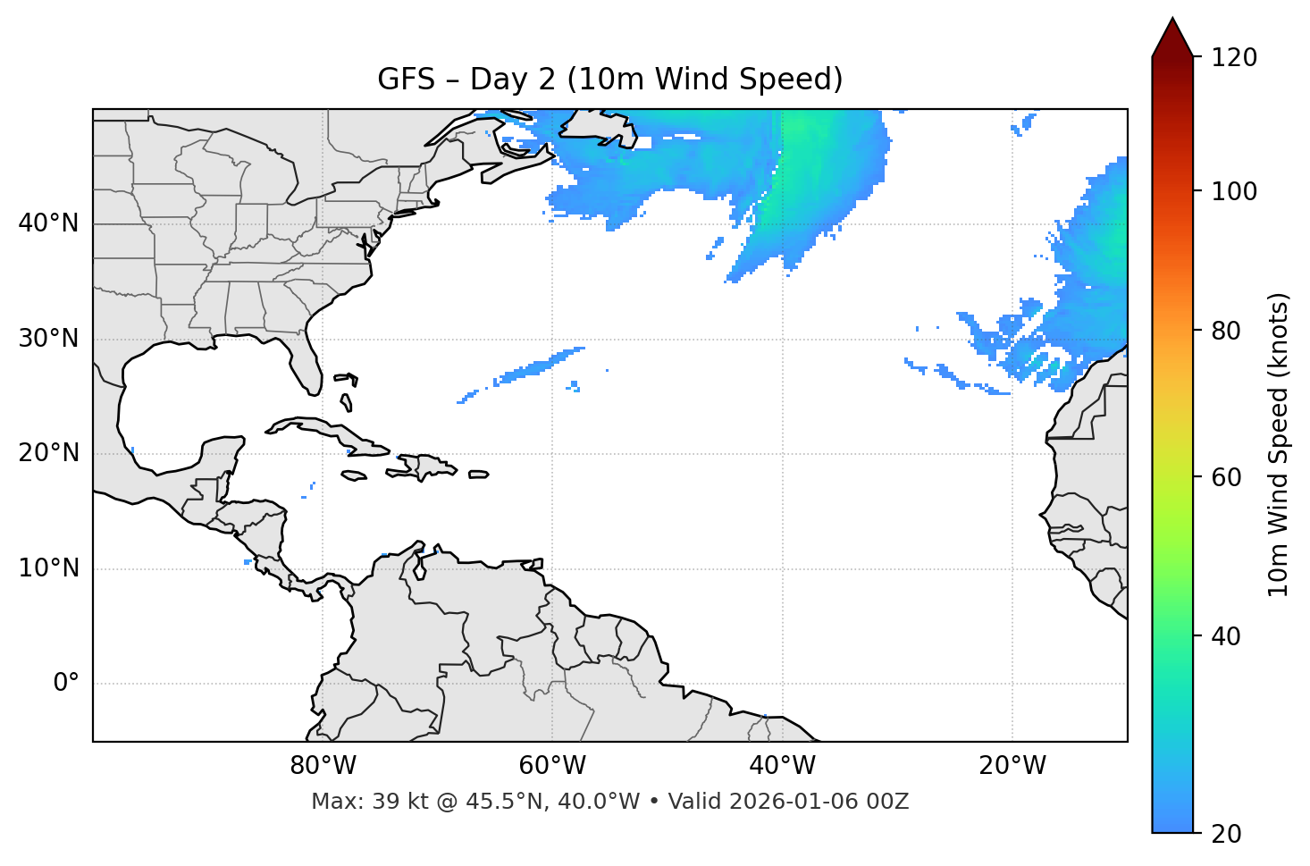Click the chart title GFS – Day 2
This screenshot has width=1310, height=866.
(x=609, y=80)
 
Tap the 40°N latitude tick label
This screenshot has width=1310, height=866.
(x=48, y=223)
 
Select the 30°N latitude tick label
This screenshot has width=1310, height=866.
(x=48, y=339)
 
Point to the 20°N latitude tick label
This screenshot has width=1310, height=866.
(x=48, y=453)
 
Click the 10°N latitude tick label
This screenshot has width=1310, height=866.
(x=48, y=568)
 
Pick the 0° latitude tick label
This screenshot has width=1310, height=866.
(x=66, y=684)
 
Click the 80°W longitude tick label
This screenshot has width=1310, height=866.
(x=323, y=766)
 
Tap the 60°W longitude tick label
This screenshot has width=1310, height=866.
(x=552, y=766)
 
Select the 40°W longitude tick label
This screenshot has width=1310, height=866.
(x=782, y=766)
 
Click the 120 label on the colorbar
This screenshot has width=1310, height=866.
(x=1234, y=57)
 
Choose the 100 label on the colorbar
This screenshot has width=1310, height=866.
(x=1234, y=191)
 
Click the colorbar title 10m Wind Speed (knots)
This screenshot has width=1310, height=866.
(x=1279, y=444)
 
